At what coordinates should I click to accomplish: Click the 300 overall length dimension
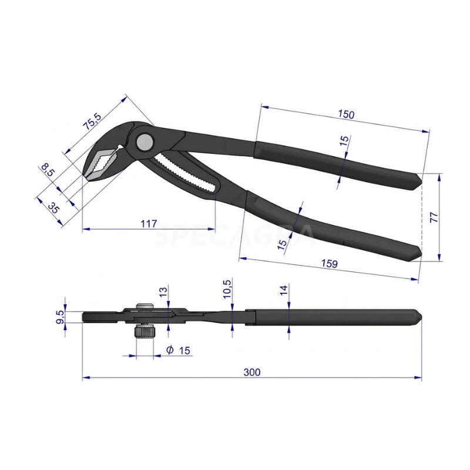[x=253, y=372]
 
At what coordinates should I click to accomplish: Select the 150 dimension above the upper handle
[x=346, y=114]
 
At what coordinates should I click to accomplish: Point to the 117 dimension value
[x=149, y=223]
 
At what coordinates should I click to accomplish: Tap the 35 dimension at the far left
[x=53, y=208]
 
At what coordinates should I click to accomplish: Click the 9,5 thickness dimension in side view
[x=59, y=317]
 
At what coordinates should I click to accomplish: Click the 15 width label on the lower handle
[x=282, y=245]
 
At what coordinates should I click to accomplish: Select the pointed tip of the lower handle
[x=418, y=253]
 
